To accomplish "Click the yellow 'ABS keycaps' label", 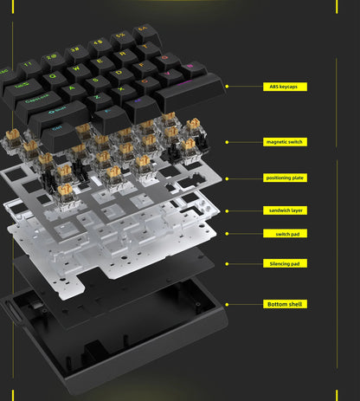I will point(285,87).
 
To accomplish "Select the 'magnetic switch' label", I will point(285,141).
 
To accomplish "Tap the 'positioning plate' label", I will point(285,178).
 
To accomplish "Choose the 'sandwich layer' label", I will point(285,210).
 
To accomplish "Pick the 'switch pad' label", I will point(285,233).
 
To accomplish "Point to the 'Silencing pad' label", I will point(285,263).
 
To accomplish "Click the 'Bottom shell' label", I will point(285,304).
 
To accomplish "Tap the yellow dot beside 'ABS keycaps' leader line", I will point(227,87).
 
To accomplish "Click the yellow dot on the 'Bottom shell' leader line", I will point(227,304).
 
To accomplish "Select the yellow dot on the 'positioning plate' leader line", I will point(227,178).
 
